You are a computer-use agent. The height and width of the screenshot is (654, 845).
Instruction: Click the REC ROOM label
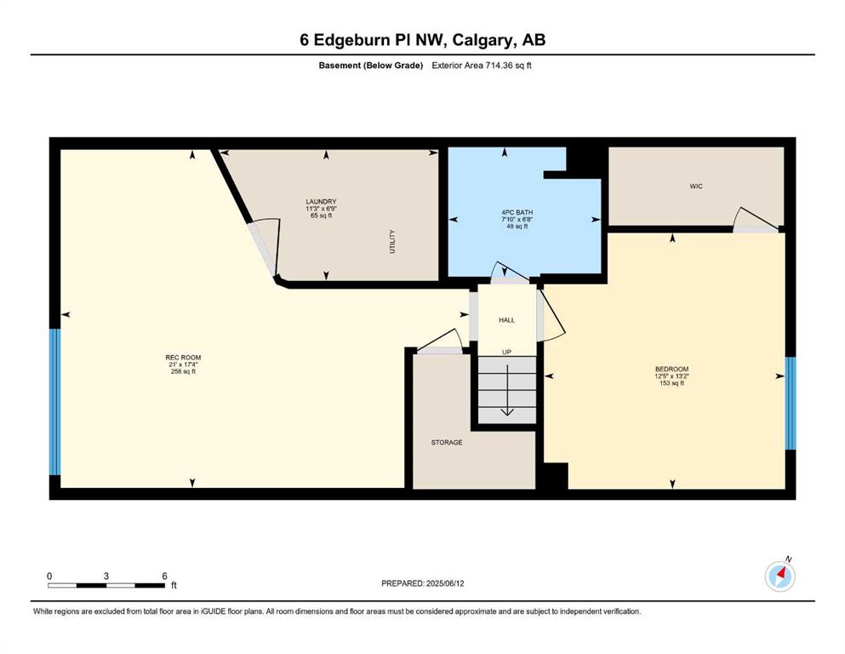(183, 358)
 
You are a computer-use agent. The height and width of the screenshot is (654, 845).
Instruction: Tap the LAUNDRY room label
(321, 202)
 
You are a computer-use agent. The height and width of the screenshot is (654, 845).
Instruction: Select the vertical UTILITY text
(392, 242)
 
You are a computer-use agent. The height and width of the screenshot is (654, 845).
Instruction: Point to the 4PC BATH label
(517, 212)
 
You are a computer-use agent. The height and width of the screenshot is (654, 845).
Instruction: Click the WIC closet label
(696, 186)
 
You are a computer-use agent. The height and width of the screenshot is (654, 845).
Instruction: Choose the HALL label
(506, 320)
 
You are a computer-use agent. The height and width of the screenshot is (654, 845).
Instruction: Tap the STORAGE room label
(447, 443)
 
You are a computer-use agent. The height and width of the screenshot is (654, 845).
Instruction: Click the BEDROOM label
(672, 370)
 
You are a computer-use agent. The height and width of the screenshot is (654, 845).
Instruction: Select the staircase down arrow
(507, 390)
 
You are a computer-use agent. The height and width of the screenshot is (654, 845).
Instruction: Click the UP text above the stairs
(506, 352)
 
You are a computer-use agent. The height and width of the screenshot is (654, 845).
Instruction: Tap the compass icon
(779, 576)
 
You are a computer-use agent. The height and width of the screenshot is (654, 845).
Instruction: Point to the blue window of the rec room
(54, 402)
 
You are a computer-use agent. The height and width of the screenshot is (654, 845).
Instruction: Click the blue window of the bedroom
(790, 404)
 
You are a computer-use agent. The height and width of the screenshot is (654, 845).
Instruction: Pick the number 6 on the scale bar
(165, 576)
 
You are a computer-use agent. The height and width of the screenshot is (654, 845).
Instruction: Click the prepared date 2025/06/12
(445, 583)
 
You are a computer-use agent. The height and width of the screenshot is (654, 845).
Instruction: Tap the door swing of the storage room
(441, 341)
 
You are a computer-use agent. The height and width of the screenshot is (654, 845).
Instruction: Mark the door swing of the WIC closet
(757, 218)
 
